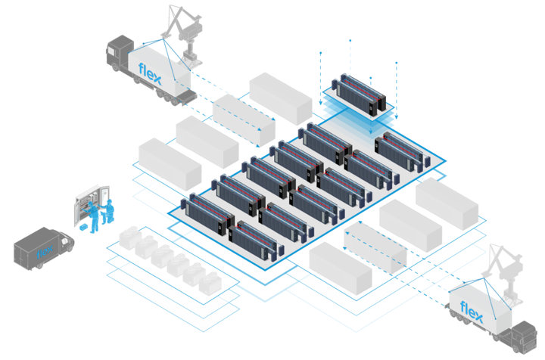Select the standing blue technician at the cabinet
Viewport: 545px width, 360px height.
pos(95,215)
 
